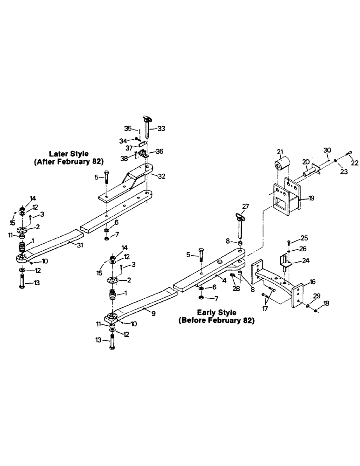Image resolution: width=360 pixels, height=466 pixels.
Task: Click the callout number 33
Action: coord(162,128)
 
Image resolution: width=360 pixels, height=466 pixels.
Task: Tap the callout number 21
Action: coord(280,152)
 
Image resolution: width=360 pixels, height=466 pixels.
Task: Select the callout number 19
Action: coord(312,198)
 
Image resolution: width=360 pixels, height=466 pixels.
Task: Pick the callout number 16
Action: coord(312,282)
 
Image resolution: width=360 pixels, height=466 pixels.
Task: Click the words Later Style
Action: coord(69,153)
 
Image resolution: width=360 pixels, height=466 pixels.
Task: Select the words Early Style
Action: coord(216,312)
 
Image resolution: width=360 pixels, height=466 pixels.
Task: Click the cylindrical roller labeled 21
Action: coord(283,167)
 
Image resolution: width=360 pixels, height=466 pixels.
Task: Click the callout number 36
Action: coord(159,151)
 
